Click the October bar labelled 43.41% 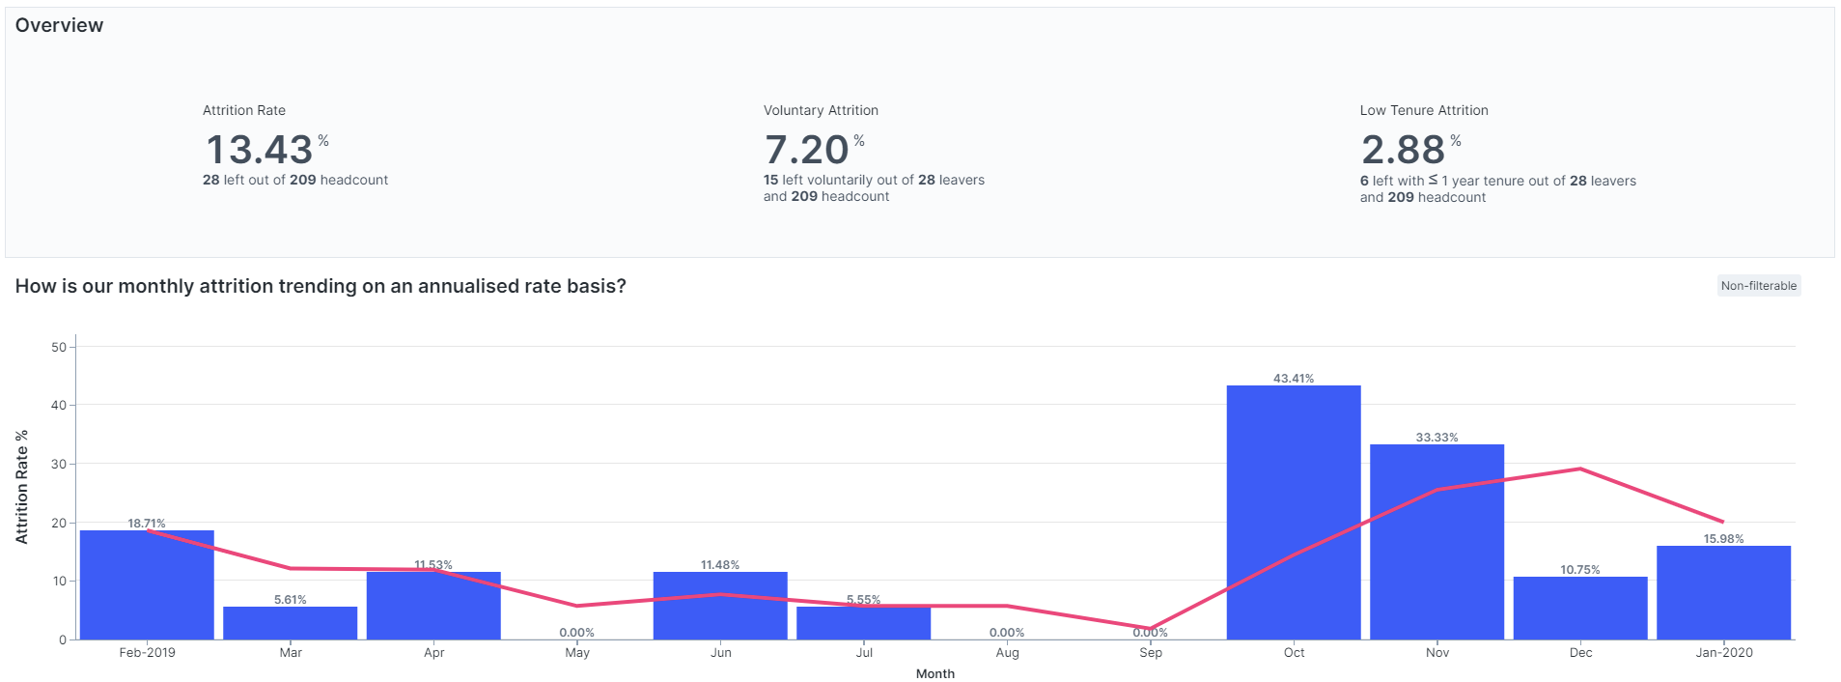pyautogui.click(x=1294, y=512)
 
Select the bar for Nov pyautogui.click(x=1437, y=541)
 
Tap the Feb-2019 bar pyautogui.click(x=147, y=584)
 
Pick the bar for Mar pyautogui.click(x=290, y=623)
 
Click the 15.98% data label pyautogui.click(x=1723, y=539)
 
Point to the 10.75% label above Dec pyautogui.click(x=1579, y=570)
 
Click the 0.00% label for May pyautogui.click(x=576, y=633)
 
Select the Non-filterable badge pyautogui.click(x=1758, y=286)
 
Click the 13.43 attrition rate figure pyautogui.click(x=259, y=150)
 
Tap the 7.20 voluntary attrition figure pyautogui.click(x=806, y=150)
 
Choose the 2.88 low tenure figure pyautogui.click(x=1403, y=150)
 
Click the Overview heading pyautogui.click(x=59, y=26)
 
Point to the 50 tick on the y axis pyautogui.click(x=59, y=347)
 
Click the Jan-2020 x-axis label pyautogui.click(x=1723, y=653)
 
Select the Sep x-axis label pyautogui.click(x=1150, y=653)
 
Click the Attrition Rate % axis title pyautogui.click(x=22, y=487)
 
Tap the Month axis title pyautogui.click(x=934, y=674)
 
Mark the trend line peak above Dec pyautogui.click(x=1579, y=469)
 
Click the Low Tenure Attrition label pyautogui.click(x=1423, y=110)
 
